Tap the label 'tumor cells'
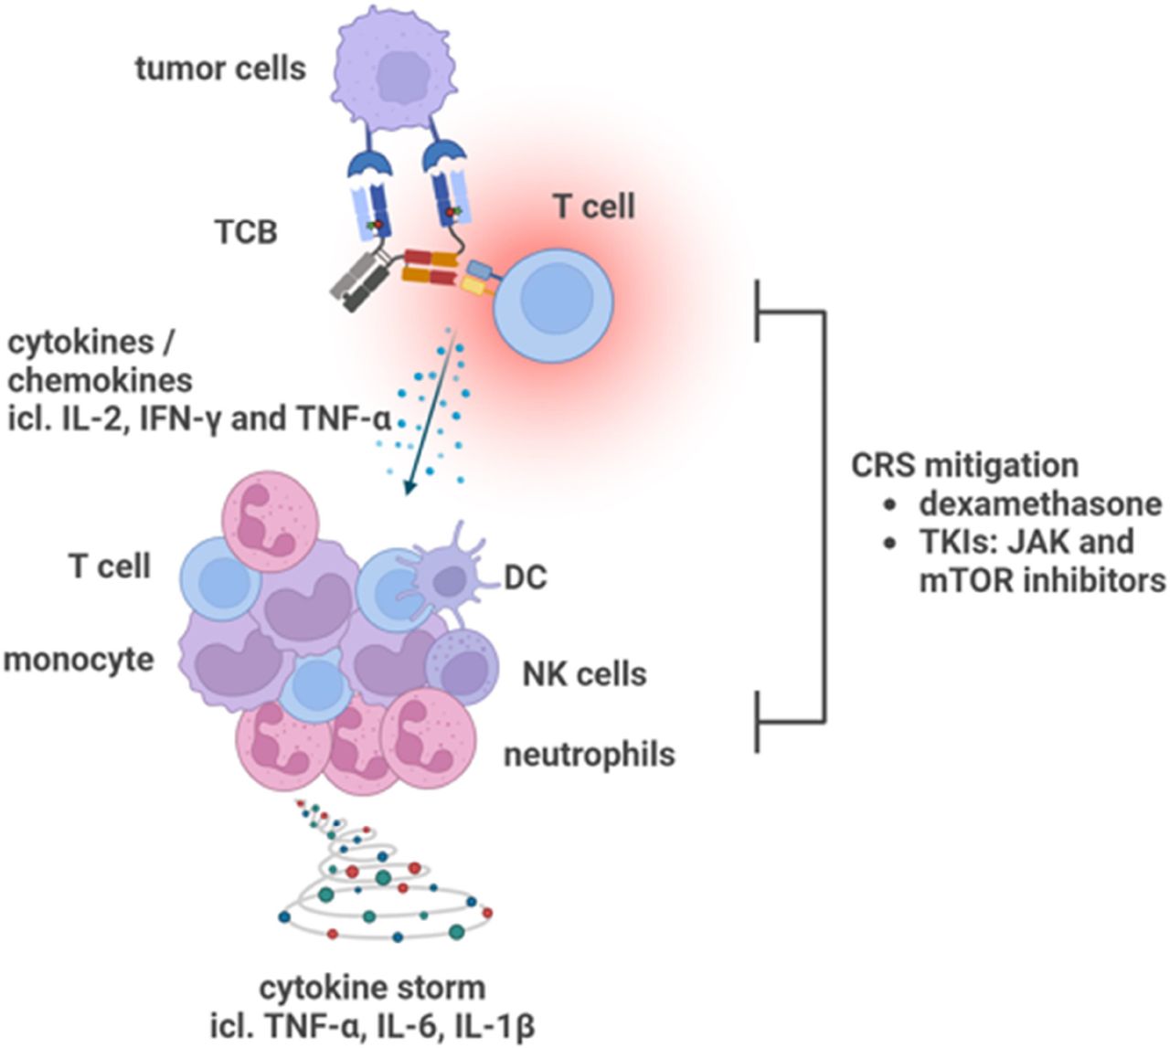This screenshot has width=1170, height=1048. click(220, 69)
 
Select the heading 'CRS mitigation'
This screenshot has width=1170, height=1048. click(963, 465)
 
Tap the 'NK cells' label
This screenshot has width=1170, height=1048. click(584, 674)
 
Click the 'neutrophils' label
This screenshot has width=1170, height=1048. click(590, 754)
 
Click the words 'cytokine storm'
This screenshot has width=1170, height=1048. click(372, 988)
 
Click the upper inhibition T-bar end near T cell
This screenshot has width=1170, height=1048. click(759, 312)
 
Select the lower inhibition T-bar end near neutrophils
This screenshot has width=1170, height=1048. click(759, 722)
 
